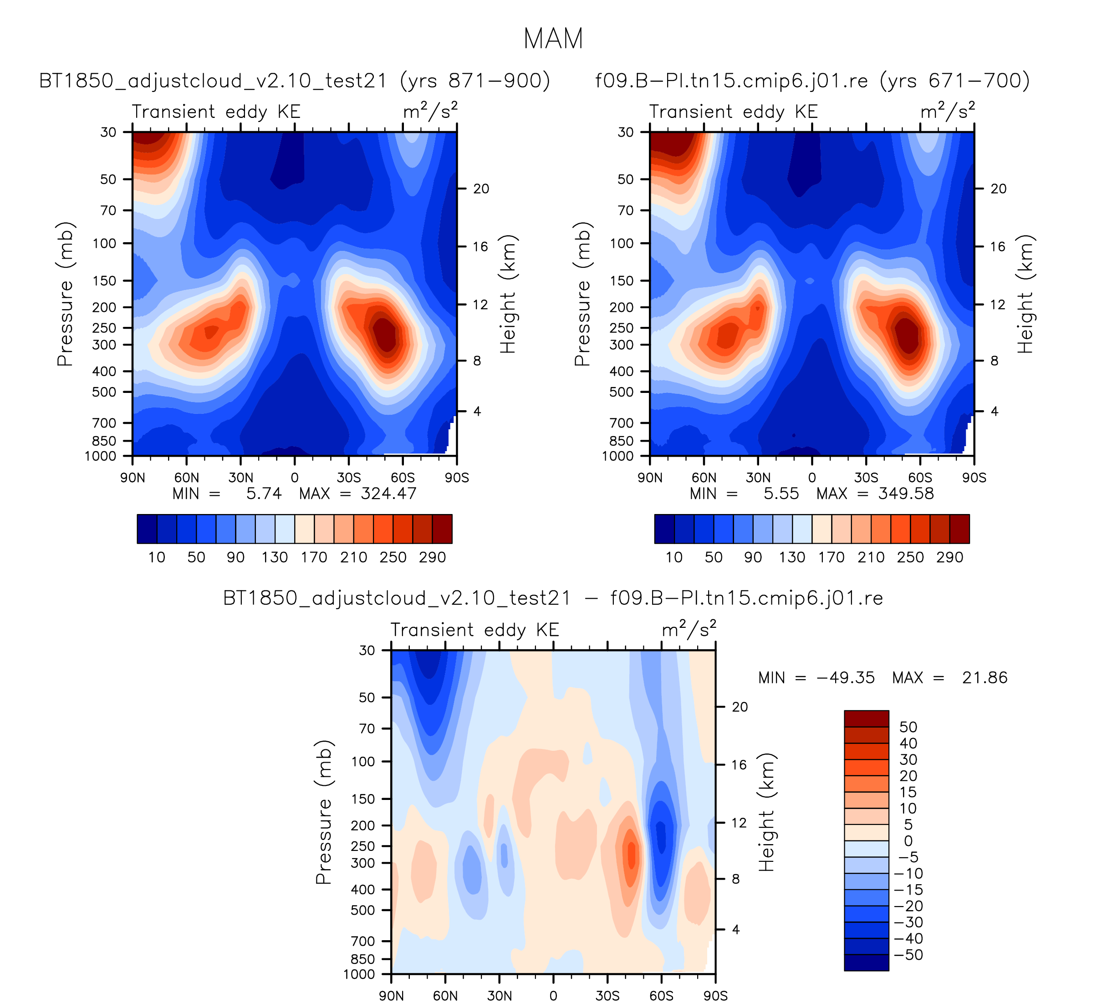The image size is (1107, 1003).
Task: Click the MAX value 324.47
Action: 388,494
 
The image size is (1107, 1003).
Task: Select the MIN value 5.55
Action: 781,494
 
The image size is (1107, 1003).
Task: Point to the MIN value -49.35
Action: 846,677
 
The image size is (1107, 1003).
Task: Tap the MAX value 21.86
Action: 985,677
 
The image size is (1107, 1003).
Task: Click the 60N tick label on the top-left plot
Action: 187,478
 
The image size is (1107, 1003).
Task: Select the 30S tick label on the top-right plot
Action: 866,478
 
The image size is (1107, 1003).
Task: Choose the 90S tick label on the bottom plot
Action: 715,995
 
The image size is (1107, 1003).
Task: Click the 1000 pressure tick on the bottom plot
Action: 360,974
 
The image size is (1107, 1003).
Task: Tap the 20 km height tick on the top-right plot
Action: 998,189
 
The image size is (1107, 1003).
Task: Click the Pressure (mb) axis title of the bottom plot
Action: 323,812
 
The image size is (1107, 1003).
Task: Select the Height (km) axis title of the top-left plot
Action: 508,294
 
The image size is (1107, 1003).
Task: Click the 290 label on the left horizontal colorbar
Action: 432,557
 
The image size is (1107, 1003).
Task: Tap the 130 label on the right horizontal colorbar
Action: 792,557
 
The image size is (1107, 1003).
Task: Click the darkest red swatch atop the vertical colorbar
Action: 867,718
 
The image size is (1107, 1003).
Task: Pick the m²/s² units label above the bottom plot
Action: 689,629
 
